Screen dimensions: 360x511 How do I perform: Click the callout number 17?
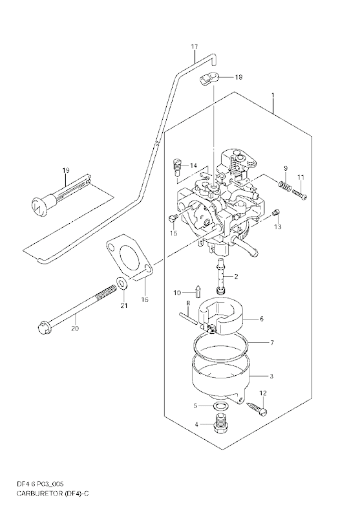[x=194, y=47]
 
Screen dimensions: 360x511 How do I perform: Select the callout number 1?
[x=273, y=95]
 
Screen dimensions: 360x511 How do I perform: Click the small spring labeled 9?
[x=284, y=185]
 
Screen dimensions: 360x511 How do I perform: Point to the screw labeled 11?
[x=299, y=195]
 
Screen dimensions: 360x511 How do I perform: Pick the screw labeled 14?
[x=176, y=166]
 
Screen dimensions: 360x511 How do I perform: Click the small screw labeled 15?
[x=173, y=217]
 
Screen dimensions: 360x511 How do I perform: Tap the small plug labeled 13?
[x=275, y=213]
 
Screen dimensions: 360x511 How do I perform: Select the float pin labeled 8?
[x=187, y=318]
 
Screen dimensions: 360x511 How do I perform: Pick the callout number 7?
[x=272, y=343]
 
